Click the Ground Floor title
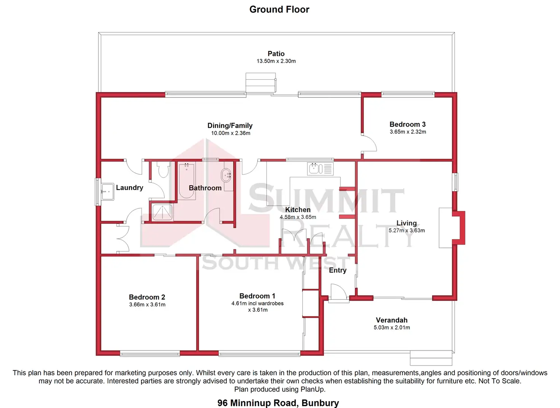pyautogui.click(x=279, y=10)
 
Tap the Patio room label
pyautogui.click(x=276, y=54)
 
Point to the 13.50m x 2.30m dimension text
pyautogui.click(x=276, y=61)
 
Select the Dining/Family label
pyautogui.click(x=230, y=125)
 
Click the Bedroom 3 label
pyautogui.click(x=407, y=124)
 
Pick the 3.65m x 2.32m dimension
pyautogui.click(x=407, y=132)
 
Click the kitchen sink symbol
pyautogui.click(x=315, y=168)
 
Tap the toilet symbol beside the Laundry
pyautogui.click(x=164, y=170)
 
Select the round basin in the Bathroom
pyautogui.click(x=226, y=176)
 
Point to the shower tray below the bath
pyautogui.click(x=162, y=212)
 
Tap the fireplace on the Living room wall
pyautogui.click(x=458, y=227)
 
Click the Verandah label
pyautogui.click(x=391, y=320)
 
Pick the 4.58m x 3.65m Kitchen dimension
pyautogui.click(x=298, y=217)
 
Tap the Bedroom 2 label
pyautogui.click(x=147, y=297)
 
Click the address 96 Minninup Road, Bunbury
pyautogui.click(x=278, y=403)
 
